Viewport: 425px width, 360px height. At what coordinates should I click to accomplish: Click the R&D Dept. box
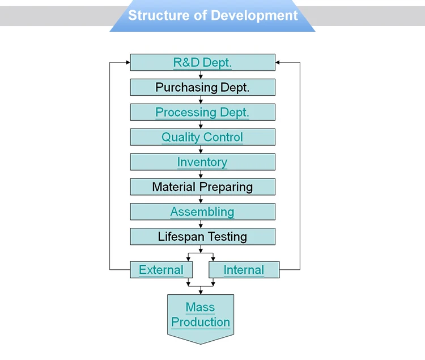click(202, 62)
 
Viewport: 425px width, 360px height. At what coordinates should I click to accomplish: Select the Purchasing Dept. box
click(202, 87)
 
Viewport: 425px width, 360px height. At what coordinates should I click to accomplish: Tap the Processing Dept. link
click(202, 112)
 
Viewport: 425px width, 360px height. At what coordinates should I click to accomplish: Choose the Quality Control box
click(202, 137)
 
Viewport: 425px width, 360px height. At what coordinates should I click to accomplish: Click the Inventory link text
click(202, 162)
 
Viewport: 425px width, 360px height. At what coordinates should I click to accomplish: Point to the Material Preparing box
click(202, 187)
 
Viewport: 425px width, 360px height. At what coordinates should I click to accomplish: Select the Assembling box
click(202, 212)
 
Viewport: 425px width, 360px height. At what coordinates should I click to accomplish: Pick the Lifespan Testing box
click(202, 236)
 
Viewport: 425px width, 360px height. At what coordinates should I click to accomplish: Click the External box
click(161, 270)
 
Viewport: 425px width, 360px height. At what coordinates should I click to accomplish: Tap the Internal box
click(244, 270)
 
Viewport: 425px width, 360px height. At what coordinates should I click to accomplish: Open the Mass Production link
click(201, 315)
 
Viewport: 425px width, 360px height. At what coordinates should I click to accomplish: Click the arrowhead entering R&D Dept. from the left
click(127, 62)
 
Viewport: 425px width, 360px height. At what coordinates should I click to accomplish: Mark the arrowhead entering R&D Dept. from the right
click(278, 62)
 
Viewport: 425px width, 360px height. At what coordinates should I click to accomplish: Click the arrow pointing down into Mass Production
click(201, 291)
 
